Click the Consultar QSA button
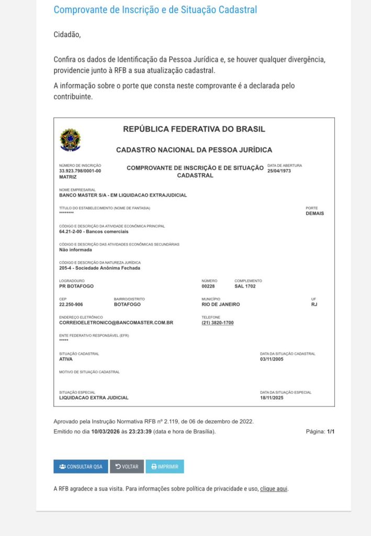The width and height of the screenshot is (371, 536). (81, 466)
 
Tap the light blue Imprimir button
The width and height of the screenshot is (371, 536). (165, 466)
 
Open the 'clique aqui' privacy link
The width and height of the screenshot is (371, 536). (274, 489)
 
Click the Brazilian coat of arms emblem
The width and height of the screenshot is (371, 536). (70, 140)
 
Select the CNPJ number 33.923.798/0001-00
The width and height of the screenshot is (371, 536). (80, 171)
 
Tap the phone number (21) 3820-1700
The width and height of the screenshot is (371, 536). (218, 323)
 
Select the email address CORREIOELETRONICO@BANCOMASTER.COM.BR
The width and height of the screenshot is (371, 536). (116, 323)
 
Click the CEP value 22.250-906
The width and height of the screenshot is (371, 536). (71, 304)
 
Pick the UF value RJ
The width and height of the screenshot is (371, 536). (314, 304)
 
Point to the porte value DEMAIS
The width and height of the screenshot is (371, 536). (314, 214)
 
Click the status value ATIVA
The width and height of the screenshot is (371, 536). (66, 359)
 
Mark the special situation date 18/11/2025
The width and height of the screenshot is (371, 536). (272, 398)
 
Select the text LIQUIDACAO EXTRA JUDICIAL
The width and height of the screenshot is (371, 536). (94, 398)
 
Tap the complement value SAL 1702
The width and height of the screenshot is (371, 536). (245, 286)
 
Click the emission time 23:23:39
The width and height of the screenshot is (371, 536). (140, 432)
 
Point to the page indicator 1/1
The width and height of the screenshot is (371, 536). (330, 432)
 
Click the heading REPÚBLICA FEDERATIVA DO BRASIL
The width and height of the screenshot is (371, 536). (194, 129)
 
